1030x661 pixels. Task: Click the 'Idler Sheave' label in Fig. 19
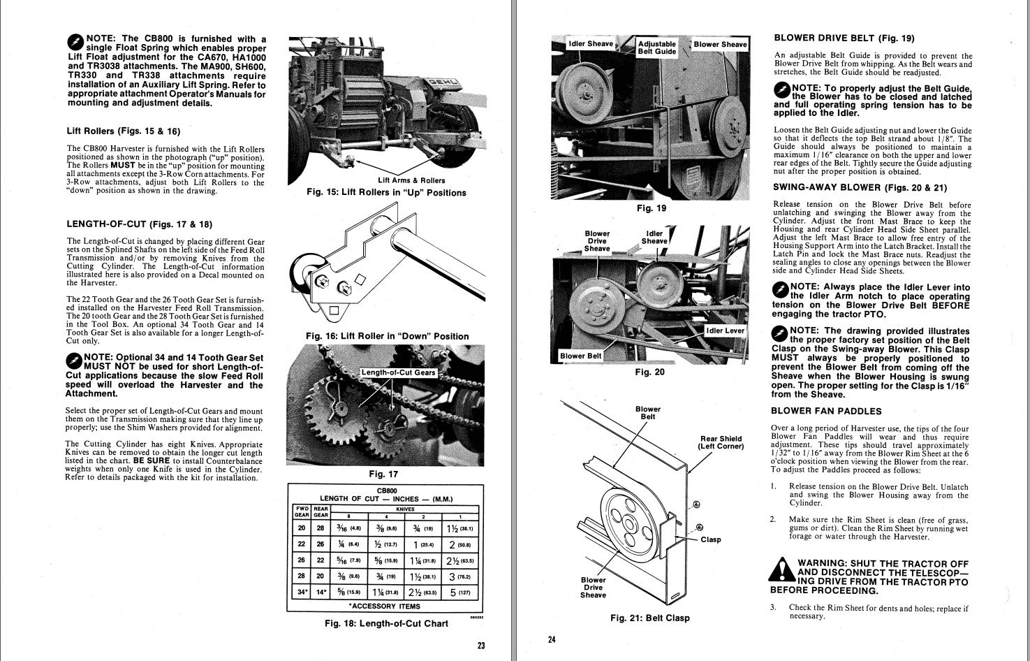[x=591, y=44]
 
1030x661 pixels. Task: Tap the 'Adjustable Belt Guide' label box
[x=657, y=48]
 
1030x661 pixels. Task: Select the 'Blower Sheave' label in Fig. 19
[x=720, y=44]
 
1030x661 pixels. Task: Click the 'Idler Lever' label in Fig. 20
[x=726, y=330]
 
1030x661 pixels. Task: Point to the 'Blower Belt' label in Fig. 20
[x=580, y=356]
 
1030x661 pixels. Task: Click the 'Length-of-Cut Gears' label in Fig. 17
[x=399, y=372]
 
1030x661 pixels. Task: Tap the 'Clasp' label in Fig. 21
[x=711, y=539]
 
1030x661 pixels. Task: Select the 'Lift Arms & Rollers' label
[x=411, y=180]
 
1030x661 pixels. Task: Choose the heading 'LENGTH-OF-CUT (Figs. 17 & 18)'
[x=139, y=224]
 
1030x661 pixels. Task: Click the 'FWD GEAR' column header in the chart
[x=302, y=511]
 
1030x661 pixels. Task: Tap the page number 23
[x=481, y=645]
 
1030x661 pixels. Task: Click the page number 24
[x=551, y=639]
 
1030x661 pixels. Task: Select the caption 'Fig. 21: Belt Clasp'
[x=649, y=618]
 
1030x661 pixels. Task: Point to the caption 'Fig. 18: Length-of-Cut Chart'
[x=386, y=623]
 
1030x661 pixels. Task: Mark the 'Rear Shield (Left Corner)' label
[x=721, y=443]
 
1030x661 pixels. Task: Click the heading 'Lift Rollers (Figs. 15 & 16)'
[x=123, y=131]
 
